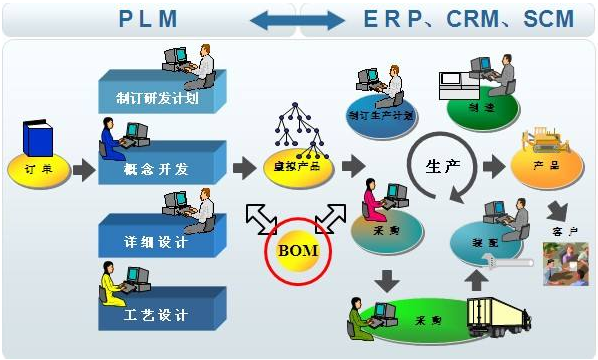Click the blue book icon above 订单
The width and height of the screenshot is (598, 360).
pos(38,139)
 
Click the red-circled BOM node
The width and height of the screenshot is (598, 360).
pos(297,248)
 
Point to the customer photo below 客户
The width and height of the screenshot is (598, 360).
pos(565,262)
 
